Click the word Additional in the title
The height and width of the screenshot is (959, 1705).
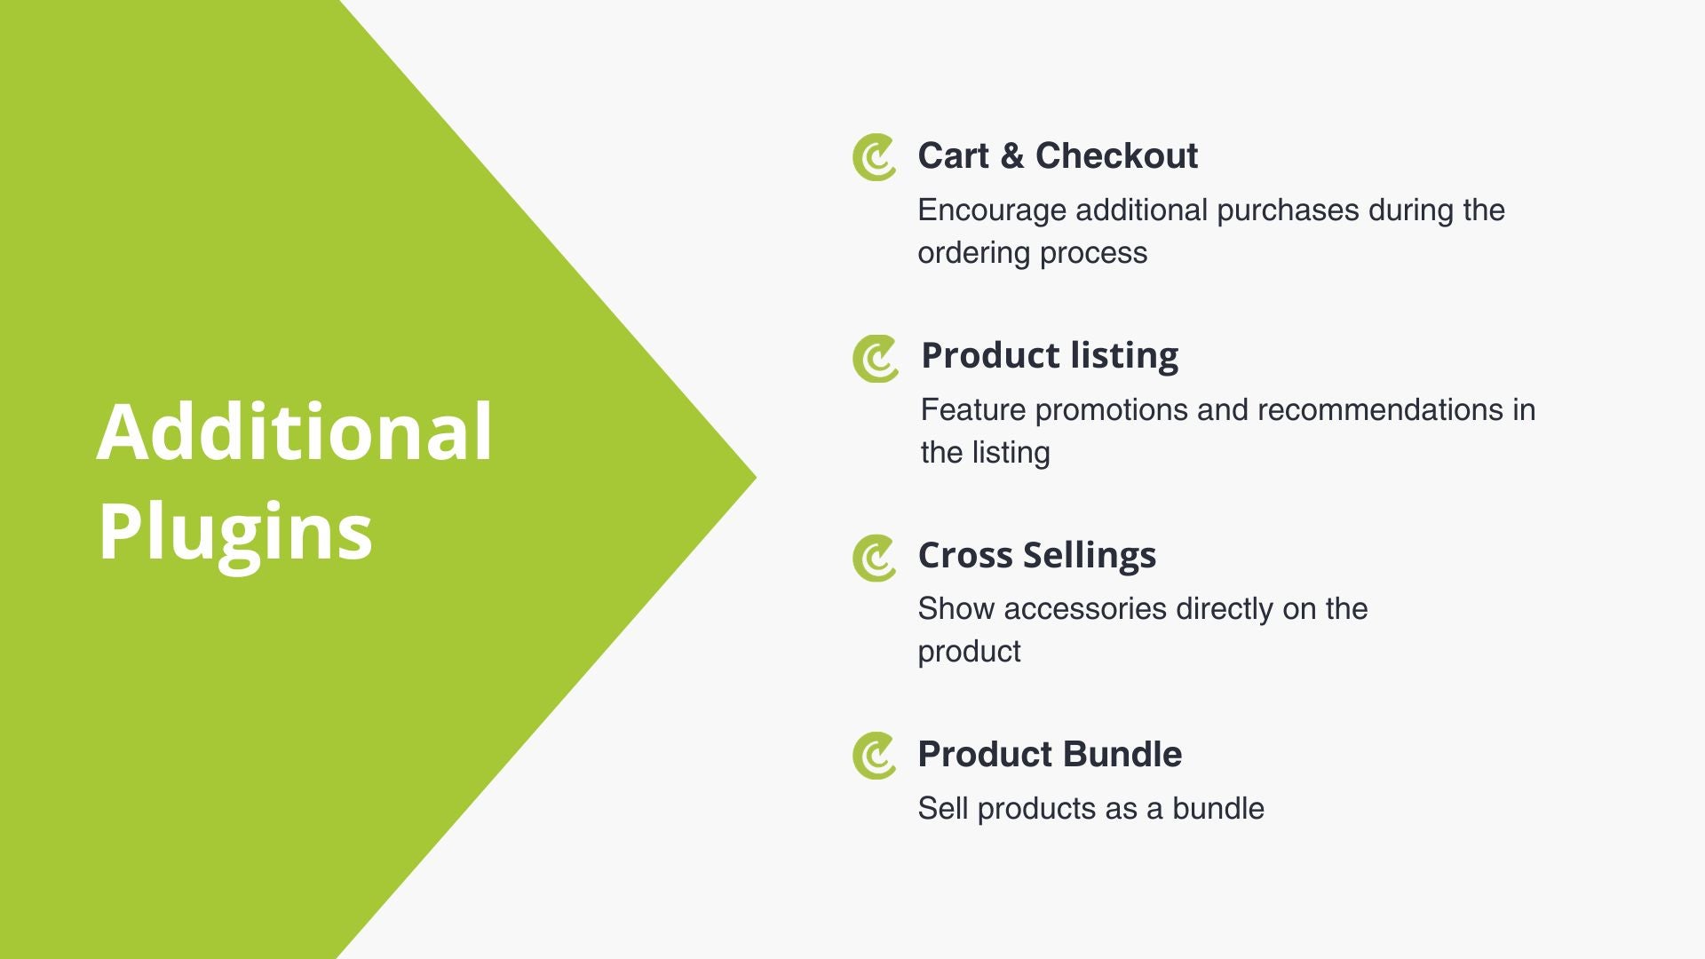click(x=294, y=432)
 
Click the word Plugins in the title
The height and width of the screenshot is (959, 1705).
click(x=235, y=532)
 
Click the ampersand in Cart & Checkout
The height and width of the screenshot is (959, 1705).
click(x=1011, y=156)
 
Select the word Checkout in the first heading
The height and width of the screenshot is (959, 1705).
click(x=1116, y=155)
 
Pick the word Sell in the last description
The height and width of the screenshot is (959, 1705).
click(x=943, y=809)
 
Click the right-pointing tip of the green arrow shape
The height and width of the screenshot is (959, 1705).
click(x=756, y=479)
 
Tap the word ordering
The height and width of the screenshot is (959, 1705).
click(x=974, y=254)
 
